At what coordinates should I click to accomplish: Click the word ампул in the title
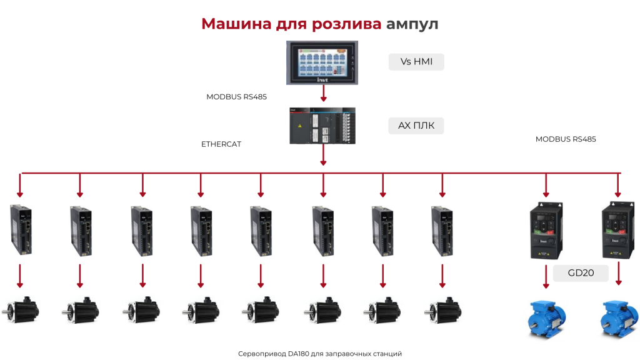point(412,24)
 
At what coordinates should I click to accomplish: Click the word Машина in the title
point(236,24)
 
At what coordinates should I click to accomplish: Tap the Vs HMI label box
point(416,62)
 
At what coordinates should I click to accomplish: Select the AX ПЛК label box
point(416,125)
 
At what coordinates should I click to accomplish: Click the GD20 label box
point(581,273)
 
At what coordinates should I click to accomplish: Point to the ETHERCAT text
point(221,144)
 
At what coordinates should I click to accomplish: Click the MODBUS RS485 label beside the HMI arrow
point(236,97)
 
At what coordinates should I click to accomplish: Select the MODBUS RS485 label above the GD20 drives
point(566,139)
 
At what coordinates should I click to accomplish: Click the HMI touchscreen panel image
point(322,62)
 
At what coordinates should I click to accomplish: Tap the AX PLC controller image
point(322,126)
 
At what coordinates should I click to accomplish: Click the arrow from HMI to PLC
point(323,94)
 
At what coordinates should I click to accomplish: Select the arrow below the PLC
point(323,155)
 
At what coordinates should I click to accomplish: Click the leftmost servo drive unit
point(21,230)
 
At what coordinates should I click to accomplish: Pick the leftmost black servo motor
point(21,310)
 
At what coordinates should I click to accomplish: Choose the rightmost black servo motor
point(442,310)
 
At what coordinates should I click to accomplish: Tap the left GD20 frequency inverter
point(546,231)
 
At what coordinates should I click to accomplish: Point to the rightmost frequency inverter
point(618,230)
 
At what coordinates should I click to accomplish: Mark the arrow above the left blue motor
point(546,277)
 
